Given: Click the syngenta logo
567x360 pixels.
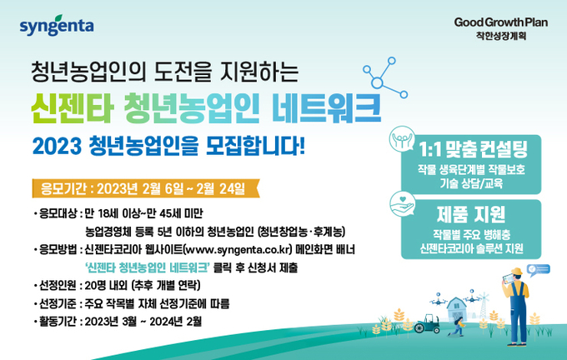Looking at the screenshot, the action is pyautogui.click(x=57, y=25).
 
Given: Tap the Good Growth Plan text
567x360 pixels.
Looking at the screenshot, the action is pyautogui.click(x=501, y=22).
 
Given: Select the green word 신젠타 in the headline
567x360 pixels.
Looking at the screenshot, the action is pyautogui.click(x=73, y=107).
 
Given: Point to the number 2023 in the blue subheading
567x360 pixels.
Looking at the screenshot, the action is pyautogui.click(x=57, y=146).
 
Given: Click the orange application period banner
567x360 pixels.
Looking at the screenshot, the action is pyautogui.click(x=146, y=188).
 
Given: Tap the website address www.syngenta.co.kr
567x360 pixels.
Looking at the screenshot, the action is pyautogui.click(x=238, y=250).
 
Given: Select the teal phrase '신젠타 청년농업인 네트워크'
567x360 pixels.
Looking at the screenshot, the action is pyautogui.click(x=148, y=267).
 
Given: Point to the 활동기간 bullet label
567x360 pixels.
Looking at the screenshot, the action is pyautogui.click(x=58, y=322).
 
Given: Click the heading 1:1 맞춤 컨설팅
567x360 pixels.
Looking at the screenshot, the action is pyautogui.click(x=473, y=149).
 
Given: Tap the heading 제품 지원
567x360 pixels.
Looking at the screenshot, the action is pyautogui.click(x=471, y=214).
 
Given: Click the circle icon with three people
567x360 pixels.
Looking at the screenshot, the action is pyautogui.click(x=402, y=139).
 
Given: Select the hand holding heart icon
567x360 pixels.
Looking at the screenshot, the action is pyautogui.click(x=403, y=204).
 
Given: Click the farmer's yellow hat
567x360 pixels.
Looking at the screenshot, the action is pyautogui.click(x=517, y=272).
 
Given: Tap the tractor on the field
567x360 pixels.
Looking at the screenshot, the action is pyautogui.click(x=428, y=323).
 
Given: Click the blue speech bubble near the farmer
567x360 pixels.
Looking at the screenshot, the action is pyautogui.click(x=539, y=270).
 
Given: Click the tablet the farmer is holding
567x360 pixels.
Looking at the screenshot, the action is pyautogui.click(x=508, y=278).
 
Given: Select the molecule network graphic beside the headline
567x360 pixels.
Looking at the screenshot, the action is pyautogui.click(x=384, y=77).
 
